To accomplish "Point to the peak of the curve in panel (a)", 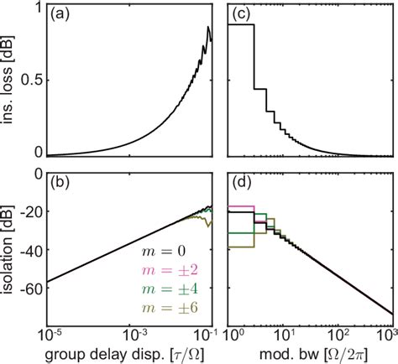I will [209, 27].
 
